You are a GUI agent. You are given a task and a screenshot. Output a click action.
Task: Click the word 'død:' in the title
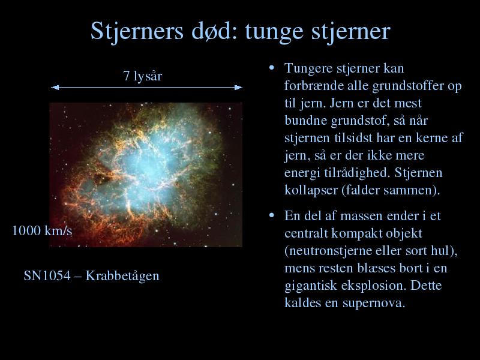[x=214, y=31]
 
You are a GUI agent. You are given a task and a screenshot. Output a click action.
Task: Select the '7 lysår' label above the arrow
[x=142, y=76]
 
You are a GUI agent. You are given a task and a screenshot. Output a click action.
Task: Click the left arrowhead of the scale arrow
[x=55, y=88]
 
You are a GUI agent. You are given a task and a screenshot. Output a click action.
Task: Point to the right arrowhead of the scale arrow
[x=238, y=88]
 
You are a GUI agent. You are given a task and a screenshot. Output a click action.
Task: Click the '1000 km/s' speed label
[x=42, y=230]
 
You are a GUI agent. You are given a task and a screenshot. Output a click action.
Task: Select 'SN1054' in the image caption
[x=47, y=276]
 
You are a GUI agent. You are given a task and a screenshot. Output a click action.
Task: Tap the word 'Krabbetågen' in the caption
[x=122, y=277]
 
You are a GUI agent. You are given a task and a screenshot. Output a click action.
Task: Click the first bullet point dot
[x=272, y=67]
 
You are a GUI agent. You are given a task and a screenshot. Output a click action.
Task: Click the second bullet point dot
[x=272, y=215]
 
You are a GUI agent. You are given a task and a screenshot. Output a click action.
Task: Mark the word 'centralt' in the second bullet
[x=306, y=233]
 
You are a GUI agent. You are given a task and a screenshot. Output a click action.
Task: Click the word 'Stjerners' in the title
[x=137, y=32]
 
